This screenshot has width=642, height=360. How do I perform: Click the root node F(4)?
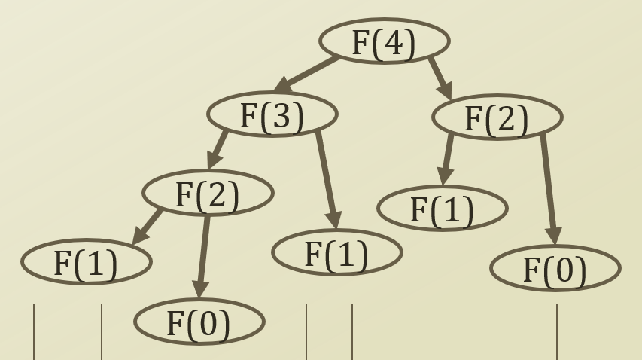[384, 41]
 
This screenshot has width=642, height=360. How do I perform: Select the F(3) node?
[272, 115]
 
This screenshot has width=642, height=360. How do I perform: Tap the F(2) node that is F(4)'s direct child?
[497, 117]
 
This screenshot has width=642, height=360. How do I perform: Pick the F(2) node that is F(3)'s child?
[207, 194]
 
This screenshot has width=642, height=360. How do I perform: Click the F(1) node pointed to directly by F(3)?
[336, 253]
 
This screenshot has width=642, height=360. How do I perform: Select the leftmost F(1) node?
[86, 262]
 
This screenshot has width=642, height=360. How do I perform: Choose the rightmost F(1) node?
[442, 209]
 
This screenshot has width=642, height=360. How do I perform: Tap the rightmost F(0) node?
[555, 269]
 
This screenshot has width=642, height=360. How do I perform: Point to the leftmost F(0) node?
[199, 322]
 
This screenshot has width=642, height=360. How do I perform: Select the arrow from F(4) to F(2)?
[440, 77]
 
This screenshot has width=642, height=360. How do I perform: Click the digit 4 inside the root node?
[394, 42]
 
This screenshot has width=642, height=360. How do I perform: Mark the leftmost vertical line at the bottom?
[34, 331]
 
